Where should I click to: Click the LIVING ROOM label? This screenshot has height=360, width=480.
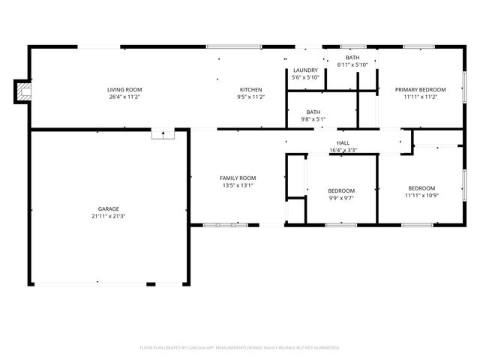(x=124, y=89)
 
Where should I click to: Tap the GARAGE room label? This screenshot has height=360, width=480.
(x=109, y=209)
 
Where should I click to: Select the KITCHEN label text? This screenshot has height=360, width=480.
(x=250, y=89)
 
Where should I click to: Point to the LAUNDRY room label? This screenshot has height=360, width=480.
(x=305, y=70)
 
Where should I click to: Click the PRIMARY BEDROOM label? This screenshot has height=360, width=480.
(x=421, y=89)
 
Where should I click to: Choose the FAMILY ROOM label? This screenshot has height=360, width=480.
(x=238, y=178)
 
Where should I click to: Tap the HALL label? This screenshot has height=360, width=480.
(x=343, y=142)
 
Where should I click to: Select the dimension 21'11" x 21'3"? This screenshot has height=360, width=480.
(x=109, y=217)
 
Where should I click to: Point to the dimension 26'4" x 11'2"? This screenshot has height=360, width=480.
(x=124, y=97)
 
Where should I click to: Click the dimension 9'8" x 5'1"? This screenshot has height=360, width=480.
(x=313, y=118)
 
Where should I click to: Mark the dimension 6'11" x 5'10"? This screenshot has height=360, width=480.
(x=352, y=64)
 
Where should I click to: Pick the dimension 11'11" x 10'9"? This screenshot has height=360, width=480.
(x=421, y=195)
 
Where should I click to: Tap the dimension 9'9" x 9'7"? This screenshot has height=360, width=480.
(x=341, y=198)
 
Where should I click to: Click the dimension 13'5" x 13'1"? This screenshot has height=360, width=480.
(x=238, y=185)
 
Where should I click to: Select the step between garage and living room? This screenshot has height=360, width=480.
(x=163, y=134)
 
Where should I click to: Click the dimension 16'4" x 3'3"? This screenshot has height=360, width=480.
(x=343, y=150)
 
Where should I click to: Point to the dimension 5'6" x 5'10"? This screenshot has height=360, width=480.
(x=305, y=77)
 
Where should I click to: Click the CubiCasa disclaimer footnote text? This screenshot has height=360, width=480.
(x=240, y=347)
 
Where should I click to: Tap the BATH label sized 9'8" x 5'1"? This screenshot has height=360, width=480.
(x=313, y=112)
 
